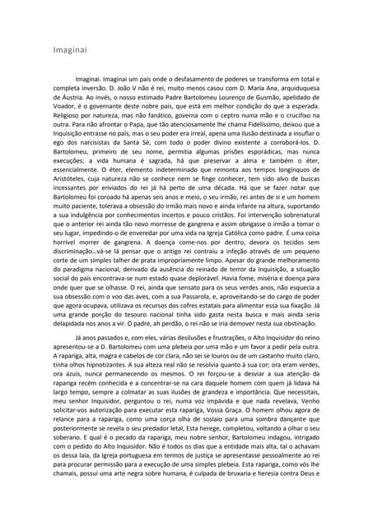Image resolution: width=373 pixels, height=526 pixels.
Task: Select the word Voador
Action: pyautogui.click(x=64, y=129)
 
